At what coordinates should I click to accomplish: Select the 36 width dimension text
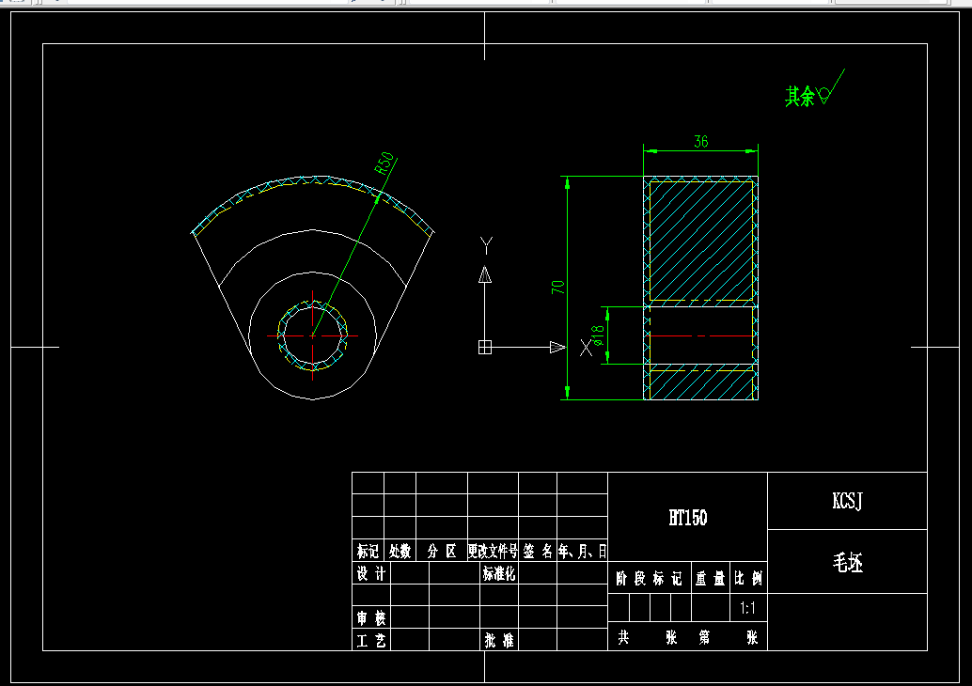pyautogui.click(x=700, y=142)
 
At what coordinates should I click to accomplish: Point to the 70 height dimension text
pyautogui.click(x=558, y=287)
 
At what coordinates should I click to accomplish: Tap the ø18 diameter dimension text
pyautogui.click(x=597, y=335)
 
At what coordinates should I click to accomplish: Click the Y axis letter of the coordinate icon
pyautogui.click(x=486, y=245)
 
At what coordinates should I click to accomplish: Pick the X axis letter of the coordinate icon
pyautogui.click(x=587, y=348)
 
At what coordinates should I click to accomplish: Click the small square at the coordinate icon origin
pyautogui.click(x=485, y=348)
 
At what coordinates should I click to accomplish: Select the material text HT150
pyautogui.click(x=687, y=517)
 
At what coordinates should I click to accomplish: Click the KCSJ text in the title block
pyautogui.click(x=847, y=501)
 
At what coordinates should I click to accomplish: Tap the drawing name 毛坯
pyautogui.click(x=847, y=562)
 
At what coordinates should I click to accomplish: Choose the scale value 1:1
pyautogui.click(x=749, y=608)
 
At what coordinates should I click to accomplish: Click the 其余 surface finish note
pyautogui.click(x=800, y=96)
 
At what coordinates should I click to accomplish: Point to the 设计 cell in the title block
pyautogui.click(x=370, y=573)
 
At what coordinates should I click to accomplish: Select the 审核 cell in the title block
pyautogui.click(x=370, y=617)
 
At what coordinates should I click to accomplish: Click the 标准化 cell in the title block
pyautogui.click(x=498, y=573)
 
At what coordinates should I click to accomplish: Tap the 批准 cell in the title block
pyautogui.click(x=498, y=640)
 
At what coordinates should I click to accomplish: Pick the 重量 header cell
pyautogui.click(x=710, y=579)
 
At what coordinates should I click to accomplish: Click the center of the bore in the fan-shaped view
pyautogui.click(x=314, y=335)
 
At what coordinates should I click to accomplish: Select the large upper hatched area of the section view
pyautogui.click(x=700, y=240)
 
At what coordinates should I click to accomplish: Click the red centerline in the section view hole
pyautogui.click(x=700, y=335)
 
